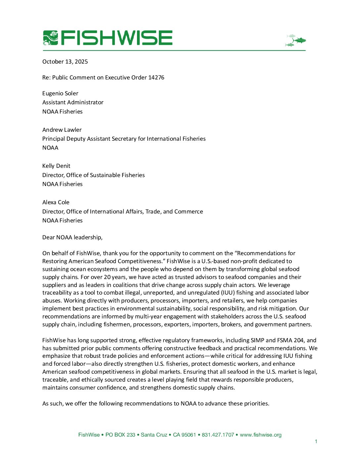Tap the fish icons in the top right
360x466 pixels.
(x=295, y=40)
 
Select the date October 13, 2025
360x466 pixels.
(x=65, y=62)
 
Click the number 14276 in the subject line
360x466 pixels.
(x=156, y=77)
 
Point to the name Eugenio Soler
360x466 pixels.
(x=60, y=93)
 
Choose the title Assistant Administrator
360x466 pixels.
(x=73, y=102)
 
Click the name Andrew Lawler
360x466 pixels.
(x=62, y=130)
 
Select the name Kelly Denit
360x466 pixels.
(x=56, y=166)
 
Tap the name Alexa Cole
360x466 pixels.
(x=56, y=202)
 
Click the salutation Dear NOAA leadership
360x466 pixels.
(x=72, y=237)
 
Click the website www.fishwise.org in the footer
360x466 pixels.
(x=261, y=435)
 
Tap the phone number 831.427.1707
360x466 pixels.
(x=218, y=435)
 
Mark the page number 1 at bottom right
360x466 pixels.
(x=316, y=441)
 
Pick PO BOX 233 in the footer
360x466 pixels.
(x=120, y=435)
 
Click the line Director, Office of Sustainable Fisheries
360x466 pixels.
(x=94, y=175)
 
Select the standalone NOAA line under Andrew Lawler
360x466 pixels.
(x=50, y=148)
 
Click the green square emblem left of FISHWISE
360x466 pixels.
(x=50, y=38)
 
